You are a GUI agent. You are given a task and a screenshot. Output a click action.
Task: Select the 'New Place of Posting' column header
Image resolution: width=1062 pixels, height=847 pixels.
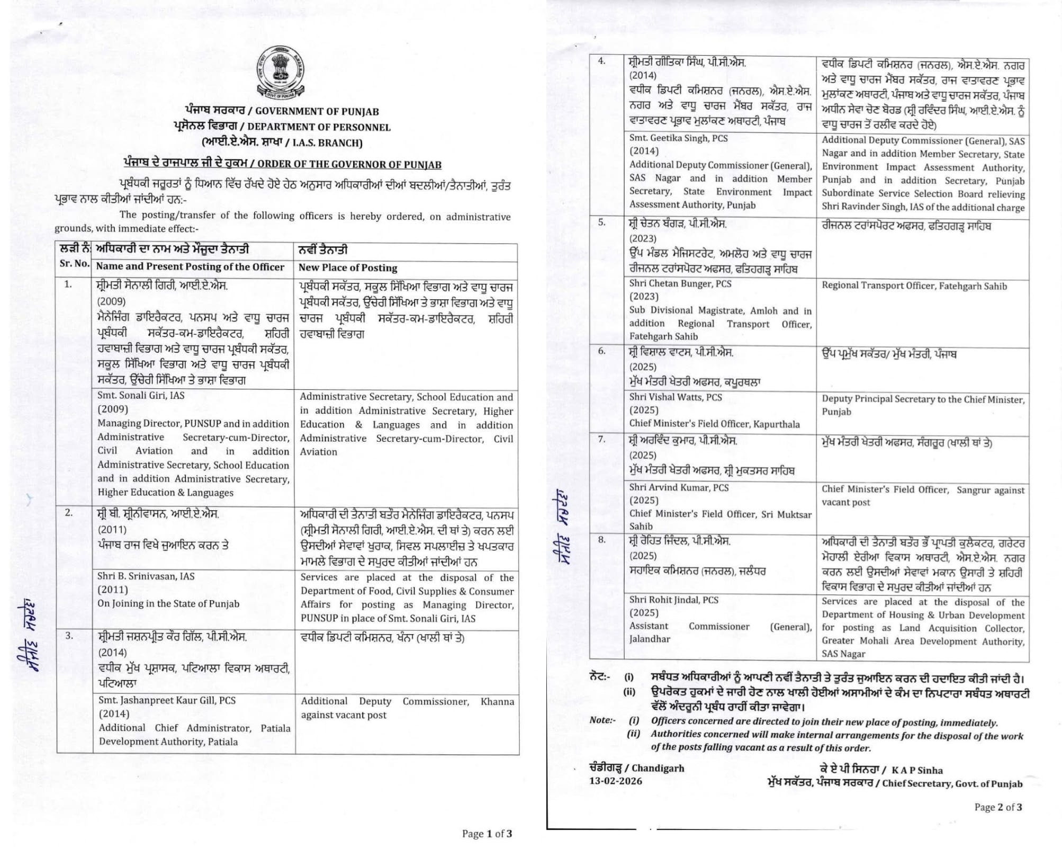tap(348, 268)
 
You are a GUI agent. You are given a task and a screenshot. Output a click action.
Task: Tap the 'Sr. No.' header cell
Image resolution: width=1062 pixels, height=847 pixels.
tap(74, 263)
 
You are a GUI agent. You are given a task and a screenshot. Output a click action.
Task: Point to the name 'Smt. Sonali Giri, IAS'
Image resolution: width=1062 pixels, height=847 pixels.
tap(141, 395)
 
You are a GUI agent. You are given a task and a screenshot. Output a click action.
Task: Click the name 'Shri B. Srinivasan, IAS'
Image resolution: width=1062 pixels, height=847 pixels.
tap(146, 576)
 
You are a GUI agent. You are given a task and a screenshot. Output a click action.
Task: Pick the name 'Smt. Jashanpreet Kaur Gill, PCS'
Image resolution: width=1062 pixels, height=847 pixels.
tap(167, 700)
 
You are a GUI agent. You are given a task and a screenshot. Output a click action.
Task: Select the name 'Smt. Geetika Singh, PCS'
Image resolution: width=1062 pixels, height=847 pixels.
tap(678, 138)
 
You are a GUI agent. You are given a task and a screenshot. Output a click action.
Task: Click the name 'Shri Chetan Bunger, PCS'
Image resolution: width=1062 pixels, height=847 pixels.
tap(680, 283)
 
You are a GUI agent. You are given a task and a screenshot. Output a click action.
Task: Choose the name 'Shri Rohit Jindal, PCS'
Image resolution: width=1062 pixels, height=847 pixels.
tap(673, 600)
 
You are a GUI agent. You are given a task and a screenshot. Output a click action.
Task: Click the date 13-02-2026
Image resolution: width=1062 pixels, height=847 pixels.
tap(616, 781)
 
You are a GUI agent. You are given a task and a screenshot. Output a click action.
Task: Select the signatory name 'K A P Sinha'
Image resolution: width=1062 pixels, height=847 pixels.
tap(917, 770)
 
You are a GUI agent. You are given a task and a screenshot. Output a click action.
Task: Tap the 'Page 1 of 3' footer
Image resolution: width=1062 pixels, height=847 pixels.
tap(487, 833)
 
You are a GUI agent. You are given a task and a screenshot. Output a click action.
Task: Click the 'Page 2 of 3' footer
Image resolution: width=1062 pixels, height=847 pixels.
tap(998, 807)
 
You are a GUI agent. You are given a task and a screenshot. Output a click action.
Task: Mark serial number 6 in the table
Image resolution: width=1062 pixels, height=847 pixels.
tap(601, 351)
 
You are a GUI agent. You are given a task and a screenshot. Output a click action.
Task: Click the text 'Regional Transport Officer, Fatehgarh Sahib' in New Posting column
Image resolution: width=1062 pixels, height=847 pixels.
tap(914, 286)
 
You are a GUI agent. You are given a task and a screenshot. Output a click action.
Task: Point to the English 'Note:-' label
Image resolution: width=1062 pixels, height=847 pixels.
tap(602, 720)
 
